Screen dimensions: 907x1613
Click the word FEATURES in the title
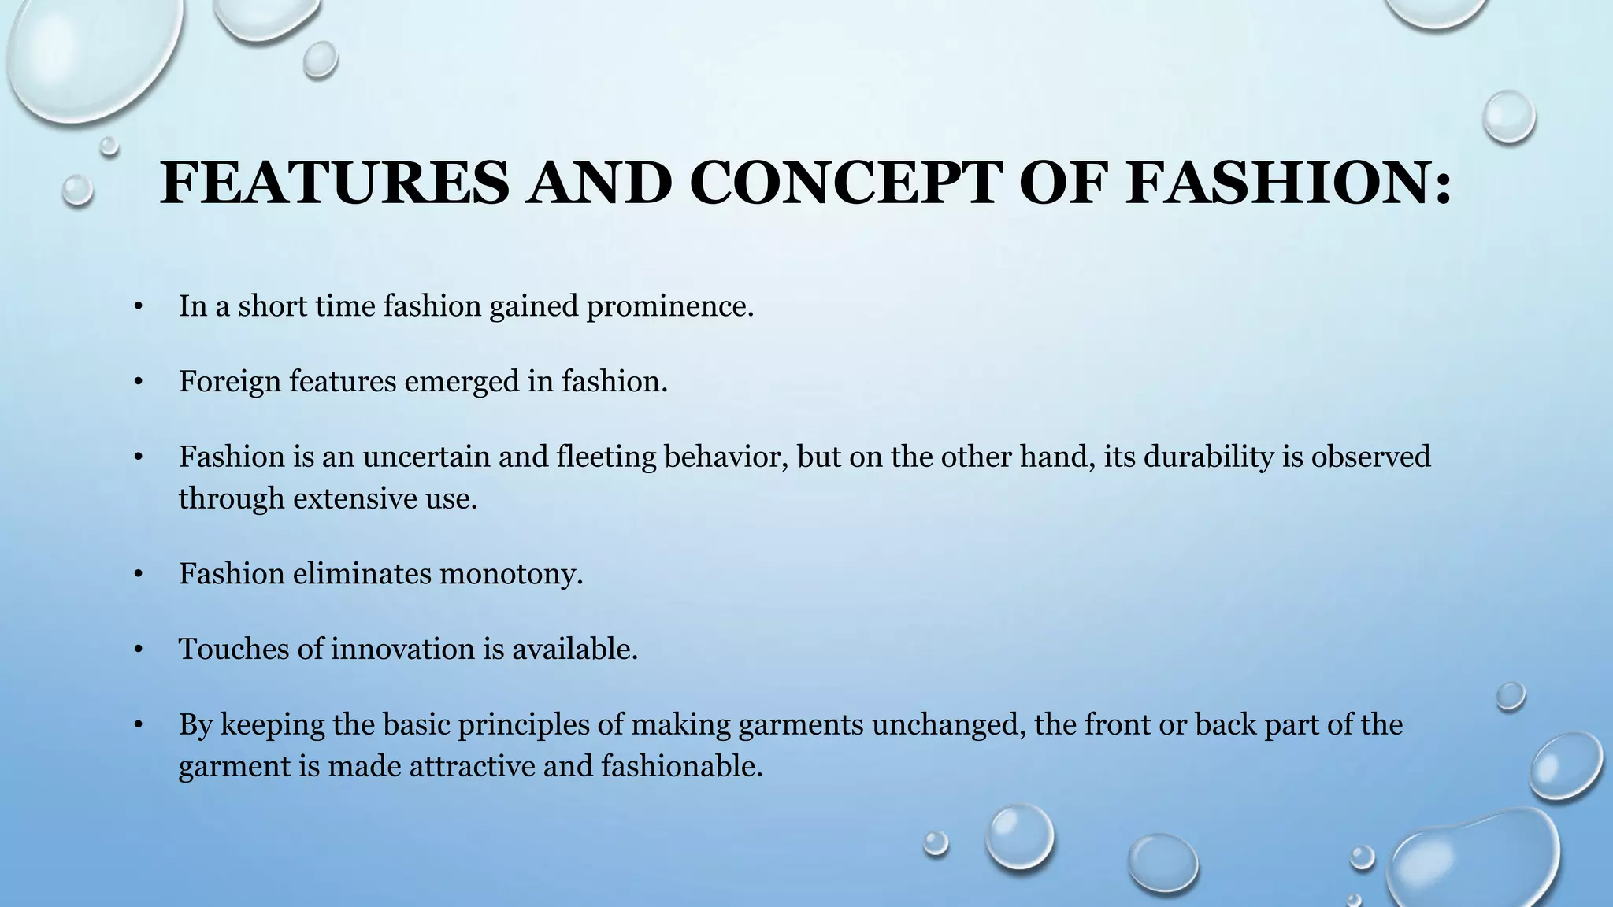(335, 183)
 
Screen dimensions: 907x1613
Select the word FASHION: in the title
(1289, 183)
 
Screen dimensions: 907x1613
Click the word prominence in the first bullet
(669, 306)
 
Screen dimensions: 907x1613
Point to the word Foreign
(229, 382)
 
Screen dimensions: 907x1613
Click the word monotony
(510, 574)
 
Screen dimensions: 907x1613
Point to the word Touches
(226, 650)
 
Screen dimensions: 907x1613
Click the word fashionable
(682, 766)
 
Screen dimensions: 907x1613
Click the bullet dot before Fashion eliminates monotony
(138, 576)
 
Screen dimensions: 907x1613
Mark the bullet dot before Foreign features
(138, 383)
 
